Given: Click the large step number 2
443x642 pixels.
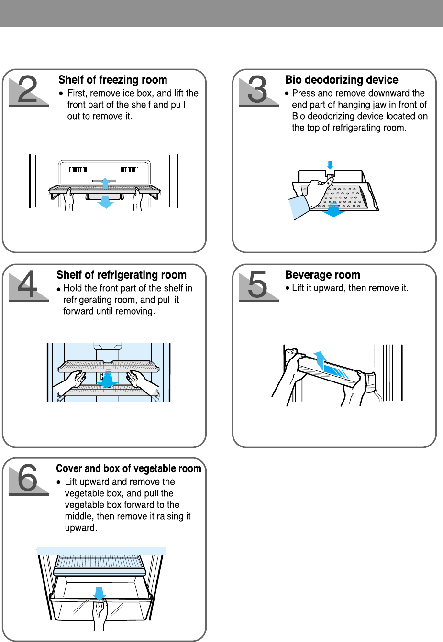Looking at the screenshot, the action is (28, 89).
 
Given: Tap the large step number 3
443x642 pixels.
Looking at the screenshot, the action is (257, 89).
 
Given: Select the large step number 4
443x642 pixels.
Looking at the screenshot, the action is (28, 284).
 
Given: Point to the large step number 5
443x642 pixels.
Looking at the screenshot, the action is (257, 284).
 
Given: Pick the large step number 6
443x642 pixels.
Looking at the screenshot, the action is (28, 478).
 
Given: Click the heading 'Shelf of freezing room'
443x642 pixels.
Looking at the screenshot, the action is (113, 80).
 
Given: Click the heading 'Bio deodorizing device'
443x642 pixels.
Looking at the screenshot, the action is (342, 80).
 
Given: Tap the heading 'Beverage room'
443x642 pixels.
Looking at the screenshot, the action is (323, 274).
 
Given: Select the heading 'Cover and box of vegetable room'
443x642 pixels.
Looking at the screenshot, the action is (129, 468).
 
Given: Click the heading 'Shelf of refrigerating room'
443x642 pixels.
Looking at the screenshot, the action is (122, 274).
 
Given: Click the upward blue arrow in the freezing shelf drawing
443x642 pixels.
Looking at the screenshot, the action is (105, 184).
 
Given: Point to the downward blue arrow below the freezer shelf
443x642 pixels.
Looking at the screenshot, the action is (105, 202).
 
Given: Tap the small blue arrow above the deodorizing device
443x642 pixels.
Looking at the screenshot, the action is (330, 165).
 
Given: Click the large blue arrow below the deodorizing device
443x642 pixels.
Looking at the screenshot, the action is (333, 209).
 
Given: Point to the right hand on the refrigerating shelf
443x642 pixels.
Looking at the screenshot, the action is (143, 380).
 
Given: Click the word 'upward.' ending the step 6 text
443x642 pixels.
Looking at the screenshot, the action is (81, 528).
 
